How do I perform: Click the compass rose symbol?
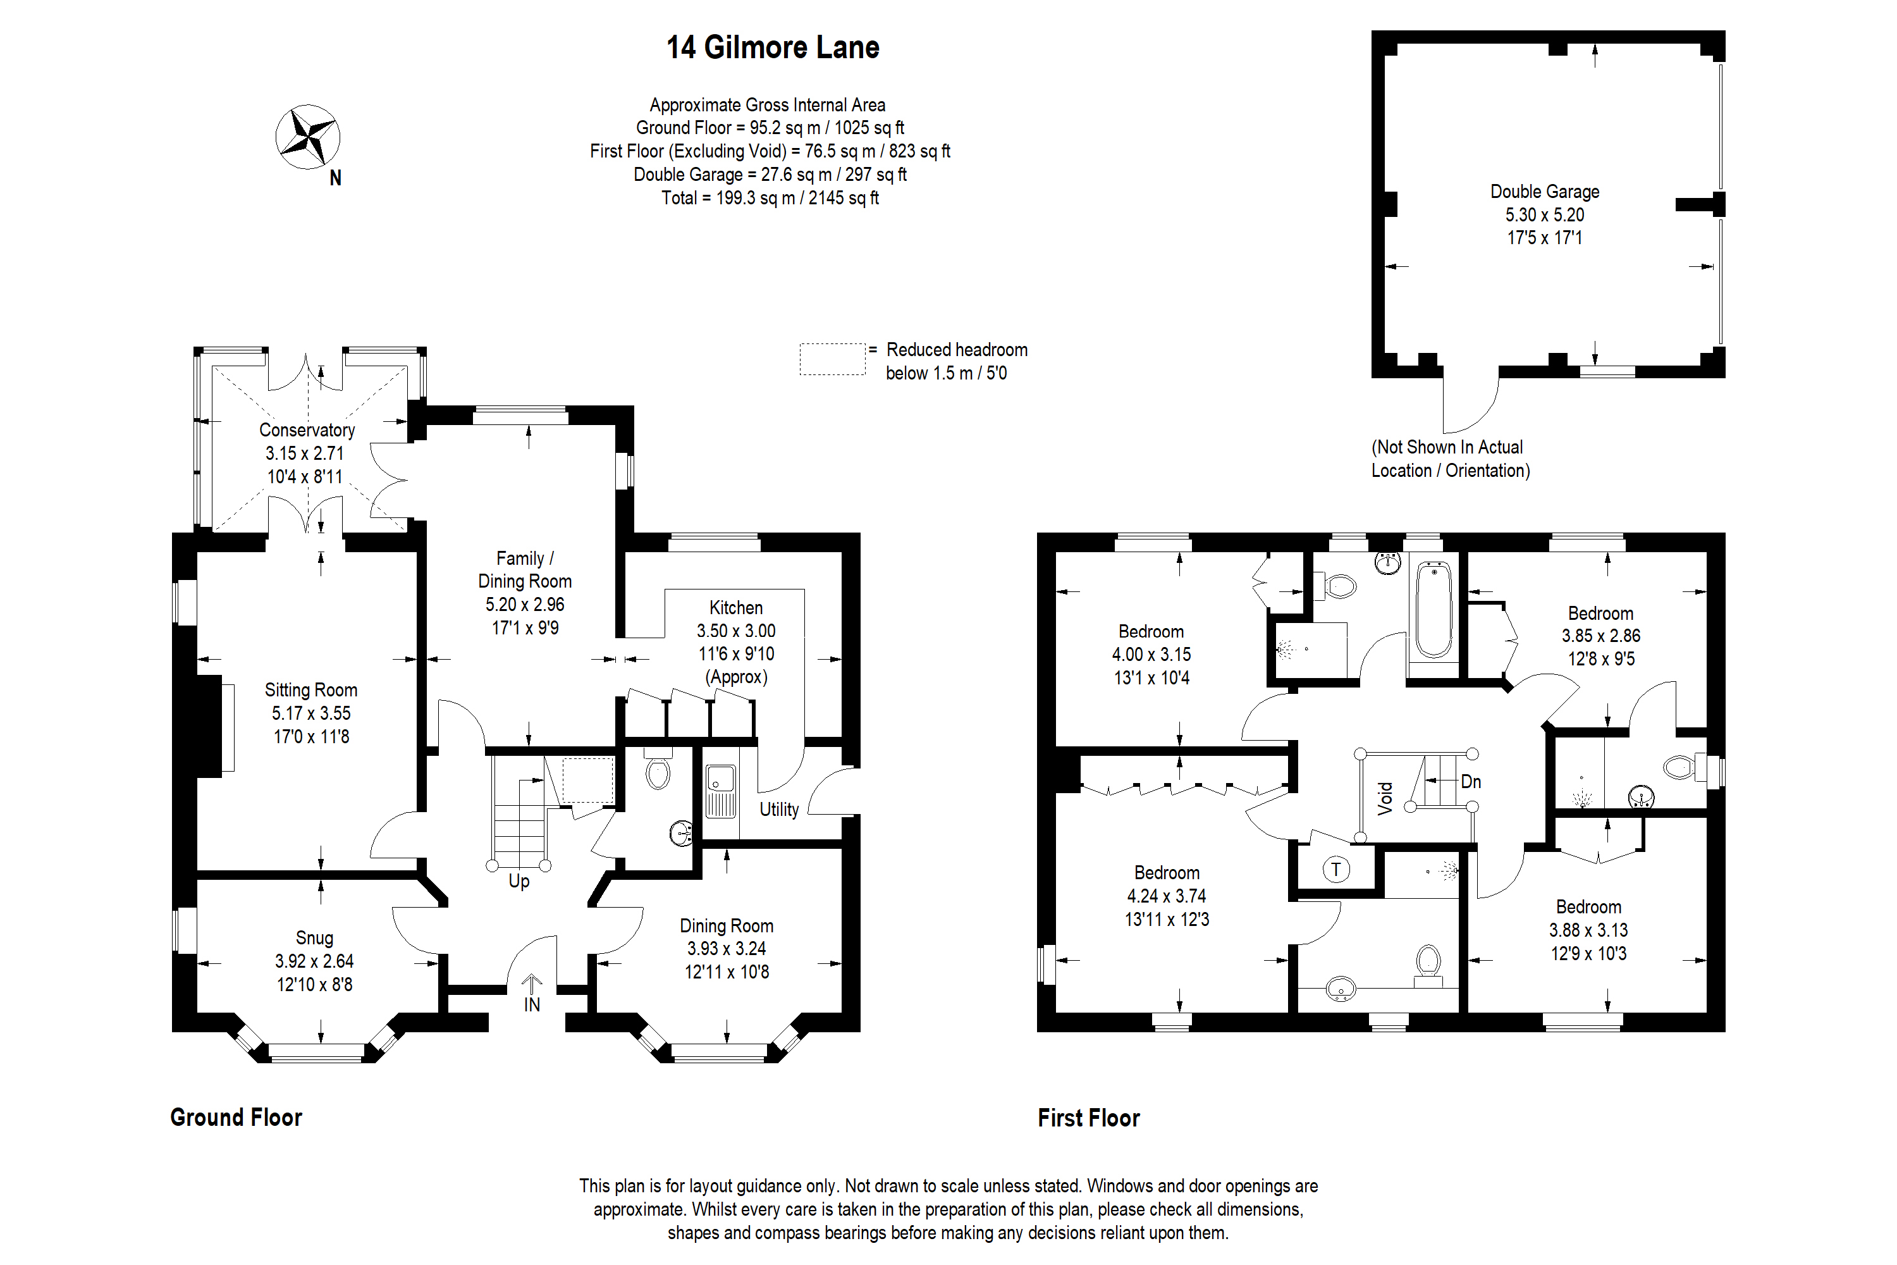click(x=307, y=137)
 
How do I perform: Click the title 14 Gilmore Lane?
click(x=772, y=47)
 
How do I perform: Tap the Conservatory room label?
click(x=307, y=430)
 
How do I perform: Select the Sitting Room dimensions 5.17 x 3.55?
click(x=310, y=713)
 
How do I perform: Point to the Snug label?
click(x=314, y=937)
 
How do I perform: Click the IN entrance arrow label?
click(x=532, y=1004)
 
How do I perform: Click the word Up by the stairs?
click(x=519, y=880)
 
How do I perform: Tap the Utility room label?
click(x=778, y=809)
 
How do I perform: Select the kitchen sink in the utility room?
click(x=720, y=791)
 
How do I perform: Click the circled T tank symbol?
click(x=1335, y=869)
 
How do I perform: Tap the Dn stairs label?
click(x=1470, y=781)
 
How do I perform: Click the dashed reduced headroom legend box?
click(x=832, y=359)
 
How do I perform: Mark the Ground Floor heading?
click(x=235, y=1118)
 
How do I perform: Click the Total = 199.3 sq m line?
click(x=770, y=197)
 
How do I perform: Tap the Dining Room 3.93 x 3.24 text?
click(x=726, y=949)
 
